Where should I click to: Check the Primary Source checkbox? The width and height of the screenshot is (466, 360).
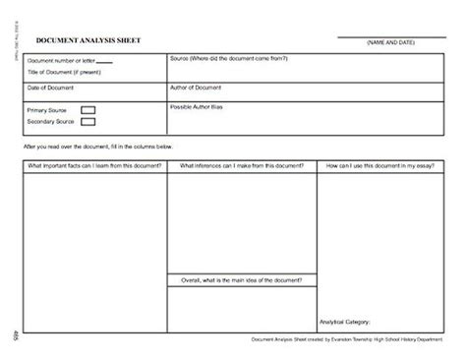[x=87, y=110]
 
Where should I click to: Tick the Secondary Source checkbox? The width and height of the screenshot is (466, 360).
[x=87, y=122]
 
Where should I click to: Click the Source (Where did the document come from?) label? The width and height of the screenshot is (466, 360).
[x=228, y=59]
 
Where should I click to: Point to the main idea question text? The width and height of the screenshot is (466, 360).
[x=241, y=280]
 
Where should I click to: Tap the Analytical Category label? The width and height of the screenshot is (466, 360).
[x=346, y=322]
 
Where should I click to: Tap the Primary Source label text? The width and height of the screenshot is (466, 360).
[x=48, y=110]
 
